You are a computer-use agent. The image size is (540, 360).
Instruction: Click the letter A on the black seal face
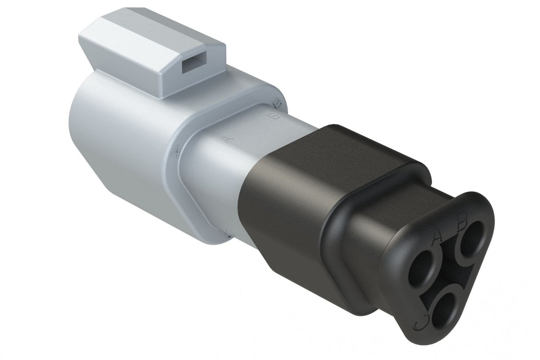point(437,236)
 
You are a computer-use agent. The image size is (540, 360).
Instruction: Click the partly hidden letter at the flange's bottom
point(230,234)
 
